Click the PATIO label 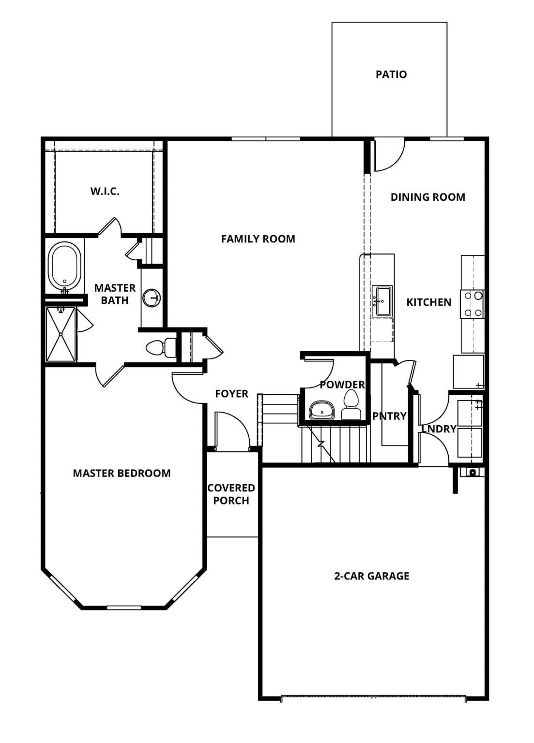pyautogui.click(x=391, y=74)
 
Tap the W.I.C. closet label pyautogui.click(x=105, y=192)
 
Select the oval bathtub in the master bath pyautogui.click(x=65, y=266)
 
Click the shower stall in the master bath pyautogui.click(x=61, y=334)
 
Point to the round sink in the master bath pyautogui.click(x=152, y=298)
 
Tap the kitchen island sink pyautogui.click(x=382, y=301)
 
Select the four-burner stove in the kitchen pyautogui.click(x=473, y=304)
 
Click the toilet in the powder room pyautogui.click(x=351, y=405)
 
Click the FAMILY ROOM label pyautogui.click(x=258, y=239)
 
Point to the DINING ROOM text pyautogui.click(x=427, y=197)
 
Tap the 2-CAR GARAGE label pyautogui.click(x=371, y=576)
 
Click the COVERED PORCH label pyautogui.click(x=231, y=494)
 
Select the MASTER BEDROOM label pyautogui.click(x=122, y=474)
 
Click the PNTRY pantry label pyautogui.click(x=389, y=416)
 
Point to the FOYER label pyautogui.click(x=231, y=394)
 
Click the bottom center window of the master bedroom pyautogui.click(x=124, y=608)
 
